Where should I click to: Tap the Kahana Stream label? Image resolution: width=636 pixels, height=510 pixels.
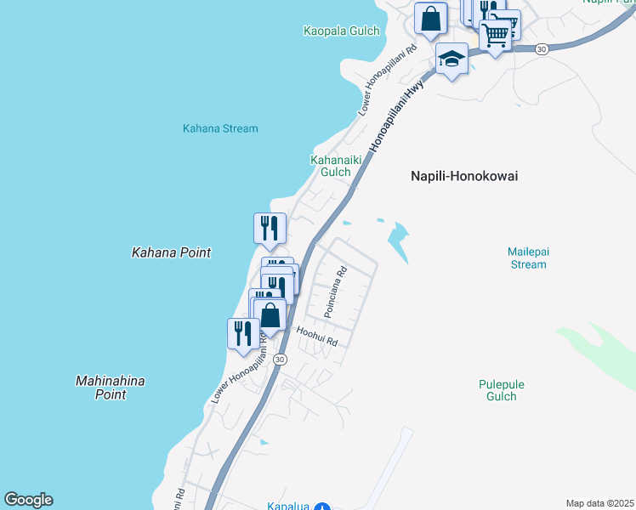tap(220, 128)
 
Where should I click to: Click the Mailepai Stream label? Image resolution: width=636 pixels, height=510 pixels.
tap(527, 258)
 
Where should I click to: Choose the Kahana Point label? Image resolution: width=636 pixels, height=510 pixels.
tap(171, 252)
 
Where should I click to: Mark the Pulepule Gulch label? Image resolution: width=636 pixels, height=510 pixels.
tap(502, 390)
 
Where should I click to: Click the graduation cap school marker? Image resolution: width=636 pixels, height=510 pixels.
tap(451, 59)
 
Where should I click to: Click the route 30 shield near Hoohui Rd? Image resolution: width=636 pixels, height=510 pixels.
tap(281, 360)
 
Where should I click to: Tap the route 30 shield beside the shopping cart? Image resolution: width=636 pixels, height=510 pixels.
tap(542, 50)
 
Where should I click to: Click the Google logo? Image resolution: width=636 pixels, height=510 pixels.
tap(28, 500)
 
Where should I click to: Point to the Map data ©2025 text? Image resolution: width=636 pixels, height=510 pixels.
tap(599, 503)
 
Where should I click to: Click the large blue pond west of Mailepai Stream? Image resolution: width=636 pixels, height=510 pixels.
tap(397, 242)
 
